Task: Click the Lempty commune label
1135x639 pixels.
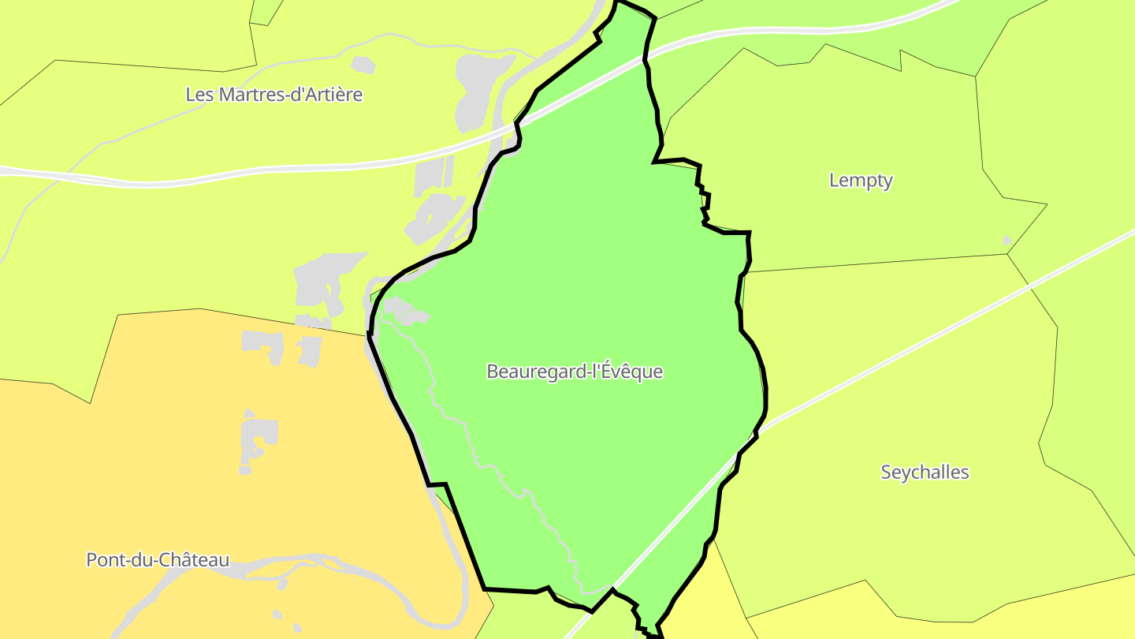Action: tap(861, 181)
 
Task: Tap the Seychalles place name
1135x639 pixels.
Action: tap(925, 473)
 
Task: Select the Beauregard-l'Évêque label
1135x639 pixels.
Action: tap(575, 372)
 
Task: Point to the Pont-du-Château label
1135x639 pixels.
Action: tap(158, 560)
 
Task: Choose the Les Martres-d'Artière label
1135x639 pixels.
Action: tap(274, 95)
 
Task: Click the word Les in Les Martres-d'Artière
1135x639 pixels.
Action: tap(199, 95)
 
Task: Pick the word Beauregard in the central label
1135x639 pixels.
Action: tap(537, 372)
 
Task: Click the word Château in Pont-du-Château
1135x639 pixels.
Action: tap(197, 560)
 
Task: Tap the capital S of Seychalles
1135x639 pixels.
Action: tap(886, 473)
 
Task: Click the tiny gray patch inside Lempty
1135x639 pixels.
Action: tap(1007, 240)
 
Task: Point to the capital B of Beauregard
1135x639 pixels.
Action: tap(492, 372)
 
